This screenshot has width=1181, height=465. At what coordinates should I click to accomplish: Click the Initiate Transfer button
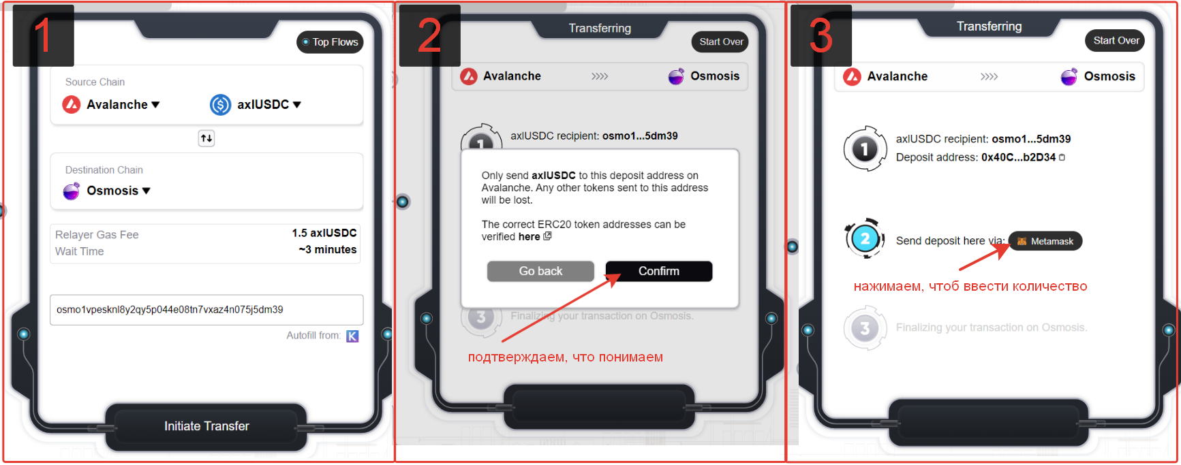pyautogui.click(x=206, y=426)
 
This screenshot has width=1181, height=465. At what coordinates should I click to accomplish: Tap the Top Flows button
pyautogui.click(x=330, y=42)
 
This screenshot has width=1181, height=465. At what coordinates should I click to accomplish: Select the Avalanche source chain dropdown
pyautogui.click(x=111, y=104)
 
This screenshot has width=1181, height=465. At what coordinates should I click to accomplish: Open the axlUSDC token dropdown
pyautogui.click(x=256, y=104)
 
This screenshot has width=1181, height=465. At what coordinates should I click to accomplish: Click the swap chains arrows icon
pyautogui.click(x=206, y=138)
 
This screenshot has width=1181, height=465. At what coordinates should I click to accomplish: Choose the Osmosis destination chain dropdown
pyautogui.click(x=106, y=191)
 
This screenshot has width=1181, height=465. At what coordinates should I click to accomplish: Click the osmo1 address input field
pyautogui.click(x=206, y=310)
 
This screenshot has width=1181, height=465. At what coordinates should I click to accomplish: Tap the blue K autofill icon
pyautogui.click(x=352, y=336)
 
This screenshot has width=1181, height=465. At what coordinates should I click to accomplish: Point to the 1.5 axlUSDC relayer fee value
pyautogui.click(x=324, y=233)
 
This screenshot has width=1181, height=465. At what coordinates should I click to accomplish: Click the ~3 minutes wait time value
pyautogui.click(x=328, y=250)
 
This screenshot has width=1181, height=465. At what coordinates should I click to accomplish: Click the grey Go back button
pyautogui.click(x=540, y=271)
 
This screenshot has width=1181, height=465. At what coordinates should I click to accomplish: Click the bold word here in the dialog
pyautogui.click(x=530, y=237)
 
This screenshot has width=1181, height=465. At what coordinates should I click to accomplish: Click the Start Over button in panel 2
pyautogui.click(x=721, y=42)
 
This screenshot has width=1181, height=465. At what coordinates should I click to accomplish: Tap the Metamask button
pyautogui.click(x=1045, y=241)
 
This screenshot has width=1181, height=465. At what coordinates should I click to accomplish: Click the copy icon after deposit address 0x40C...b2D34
pyautogui.click(x=1062, y=157)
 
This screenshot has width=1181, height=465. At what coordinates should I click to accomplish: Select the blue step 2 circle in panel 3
pyautogui.click(x=865, y=238)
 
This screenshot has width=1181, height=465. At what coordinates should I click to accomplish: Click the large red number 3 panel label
pyautogui.click(x=820, y=35)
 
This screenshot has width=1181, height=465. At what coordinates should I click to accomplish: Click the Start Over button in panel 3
pyautogui.click(x=1116, y=40)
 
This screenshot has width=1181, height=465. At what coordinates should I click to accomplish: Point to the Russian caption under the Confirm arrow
pyautogui.click(x=565, y=357)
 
